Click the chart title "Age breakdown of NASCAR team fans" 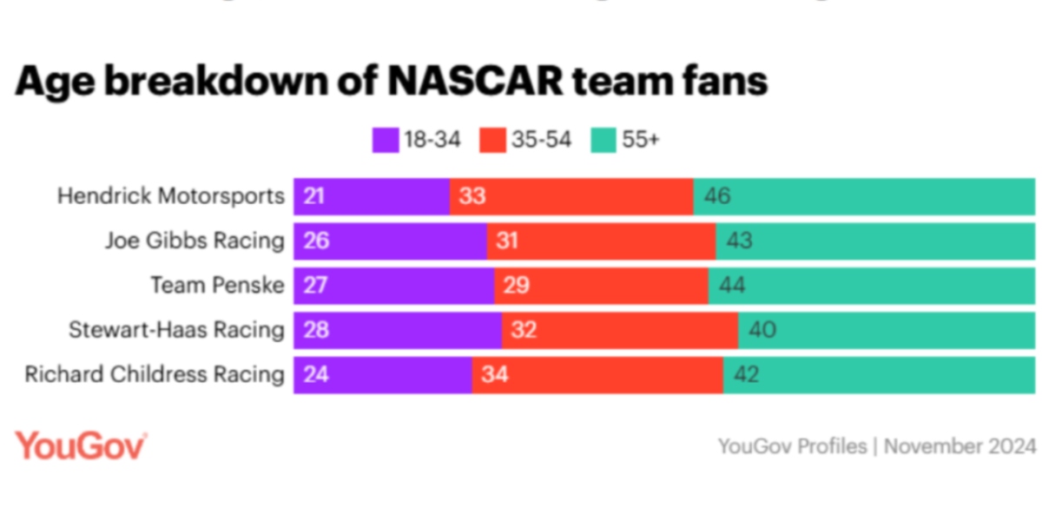391,81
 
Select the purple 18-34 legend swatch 384,140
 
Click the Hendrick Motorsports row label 170,196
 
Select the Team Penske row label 217,285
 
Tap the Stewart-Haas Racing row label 176,330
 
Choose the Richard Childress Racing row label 155,374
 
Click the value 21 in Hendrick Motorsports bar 314,196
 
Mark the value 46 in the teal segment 717,196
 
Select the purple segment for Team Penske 393,285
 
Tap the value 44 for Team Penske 732,285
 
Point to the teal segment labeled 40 886,330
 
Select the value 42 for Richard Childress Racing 747,374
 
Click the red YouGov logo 80,445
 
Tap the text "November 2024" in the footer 960,446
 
